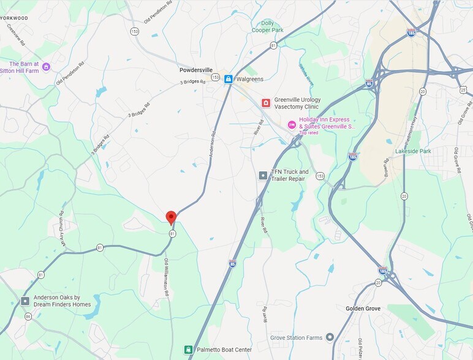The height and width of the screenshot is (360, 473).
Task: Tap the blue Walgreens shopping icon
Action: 229,79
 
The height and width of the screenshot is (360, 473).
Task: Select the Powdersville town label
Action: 196,70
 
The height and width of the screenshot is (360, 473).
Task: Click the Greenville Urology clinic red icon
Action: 266,103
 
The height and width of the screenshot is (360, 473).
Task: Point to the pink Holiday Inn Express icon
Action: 292,124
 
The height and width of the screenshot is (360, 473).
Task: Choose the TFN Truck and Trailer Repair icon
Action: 263,176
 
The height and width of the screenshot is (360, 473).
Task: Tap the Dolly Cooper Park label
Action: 268,26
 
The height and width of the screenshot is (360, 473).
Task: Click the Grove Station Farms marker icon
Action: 330,337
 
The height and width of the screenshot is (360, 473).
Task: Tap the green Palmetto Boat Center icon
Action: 189,350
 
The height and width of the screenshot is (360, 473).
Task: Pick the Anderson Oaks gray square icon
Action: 25,301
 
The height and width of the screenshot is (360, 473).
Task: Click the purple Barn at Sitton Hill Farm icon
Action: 46,67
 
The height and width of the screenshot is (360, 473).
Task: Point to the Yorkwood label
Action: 15,18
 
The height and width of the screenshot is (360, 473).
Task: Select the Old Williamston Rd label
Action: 166,277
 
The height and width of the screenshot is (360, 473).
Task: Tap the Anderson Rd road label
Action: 213,144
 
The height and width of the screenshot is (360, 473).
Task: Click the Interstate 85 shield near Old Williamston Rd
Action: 232,264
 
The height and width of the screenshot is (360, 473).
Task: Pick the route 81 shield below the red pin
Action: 173,234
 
